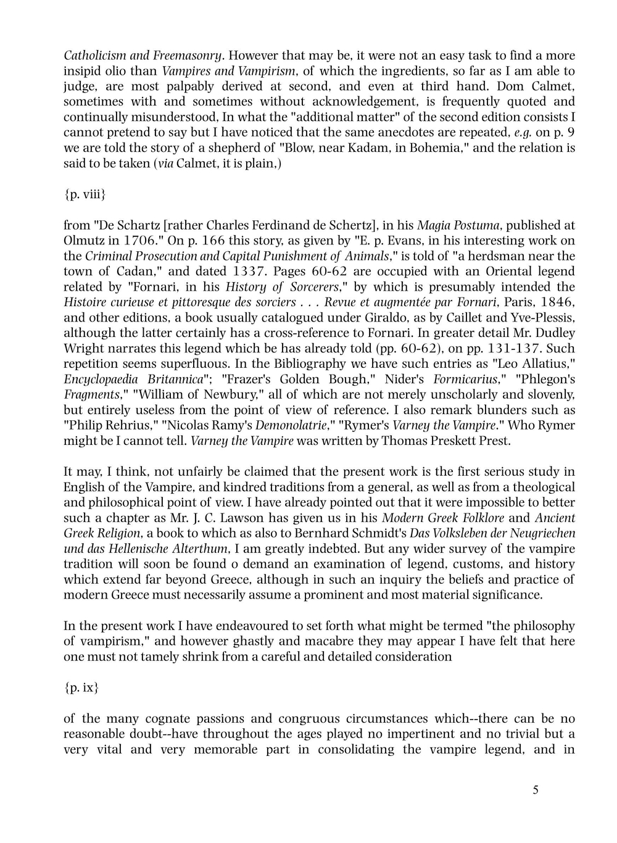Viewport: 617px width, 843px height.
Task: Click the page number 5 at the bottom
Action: coord(535,790)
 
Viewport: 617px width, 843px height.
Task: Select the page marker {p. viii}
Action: coord(85,194)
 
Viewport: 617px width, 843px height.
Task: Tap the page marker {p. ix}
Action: coord(81,687)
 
